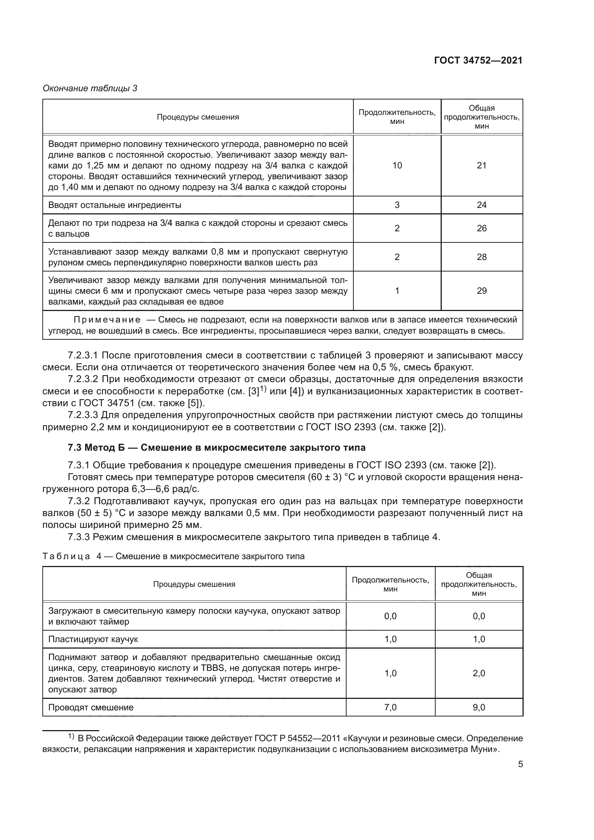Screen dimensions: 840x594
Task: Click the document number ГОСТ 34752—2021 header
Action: pos(478,61)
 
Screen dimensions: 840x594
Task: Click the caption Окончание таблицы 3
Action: pos(90,88)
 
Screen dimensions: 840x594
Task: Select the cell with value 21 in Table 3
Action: pos(482,165)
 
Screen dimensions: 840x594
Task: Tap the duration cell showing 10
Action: pos(397,165)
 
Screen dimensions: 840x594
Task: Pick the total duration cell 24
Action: pos(482,205)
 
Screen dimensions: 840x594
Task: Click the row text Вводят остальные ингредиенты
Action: pos(115,205)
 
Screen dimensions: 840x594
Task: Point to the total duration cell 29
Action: pos(482,291)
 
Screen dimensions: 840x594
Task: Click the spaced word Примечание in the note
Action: pos(107,320)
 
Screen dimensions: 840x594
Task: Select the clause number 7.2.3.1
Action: pos(83,355)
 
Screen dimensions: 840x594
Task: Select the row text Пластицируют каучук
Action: pos(93,639)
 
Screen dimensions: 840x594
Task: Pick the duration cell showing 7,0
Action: pos(390,707)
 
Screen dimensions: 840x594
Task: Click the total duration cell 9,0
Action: pos(479,707)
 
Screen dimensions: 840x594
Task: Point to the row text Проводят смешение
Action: pos(91,707)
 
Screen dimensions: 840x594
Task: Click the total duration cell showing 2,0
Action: pos(479,673)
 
